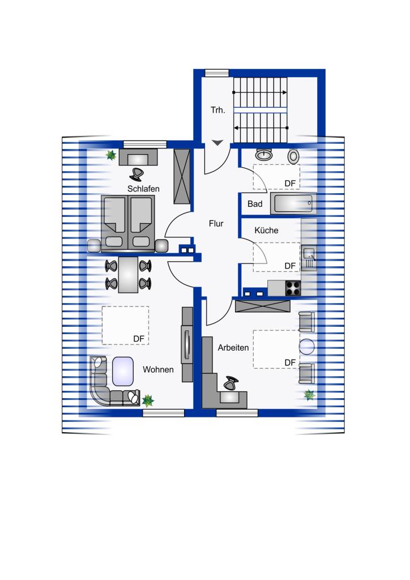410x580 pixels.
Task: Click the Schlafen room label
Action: click(x=143, y=189)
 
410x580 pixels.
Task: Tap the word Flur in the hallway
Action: click(x=216, y=223)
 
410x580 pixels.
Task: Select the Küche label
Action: click(x=266, y=230)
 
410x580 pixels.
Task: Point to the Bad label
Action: click(x=255, y=204)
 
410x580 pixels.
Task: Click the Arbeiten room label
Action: click(x=233, y=348)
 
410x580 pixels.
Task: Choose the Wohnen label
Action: click(x=158, y=369)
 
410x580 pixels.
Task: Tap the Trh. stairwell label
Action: click(x=218, y=110)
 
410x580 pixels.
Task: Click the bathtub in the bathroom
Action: click(x=293, y=203)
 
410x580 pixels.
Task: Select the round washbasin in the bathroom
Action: click(x=264, y=155)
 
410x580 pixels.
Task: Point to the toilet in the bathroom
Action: click(x=293, y=156)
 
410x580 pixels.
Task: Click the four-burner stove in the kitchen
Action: click(x=293, y=288)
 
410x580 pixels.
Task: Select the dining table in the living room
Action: click(x=129, y=275)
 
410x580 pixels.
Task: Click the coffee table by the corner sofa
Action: click(x=123, y=371)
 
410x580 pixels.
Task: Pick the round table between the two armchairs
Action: click(x=307, y=347)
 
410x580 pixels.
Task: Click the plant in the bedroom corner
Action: click(x=110, y=155)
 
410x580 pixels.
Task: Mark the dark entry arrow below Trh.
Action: click(x=217, y=143)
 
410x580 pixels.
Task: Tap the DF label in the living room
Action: click(x=139, y=339)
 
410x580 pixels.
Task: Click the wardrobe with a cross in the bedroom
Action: click(x=182, y=177)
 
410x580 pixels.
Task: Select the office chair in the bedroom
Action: click(x=137, y=174)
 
